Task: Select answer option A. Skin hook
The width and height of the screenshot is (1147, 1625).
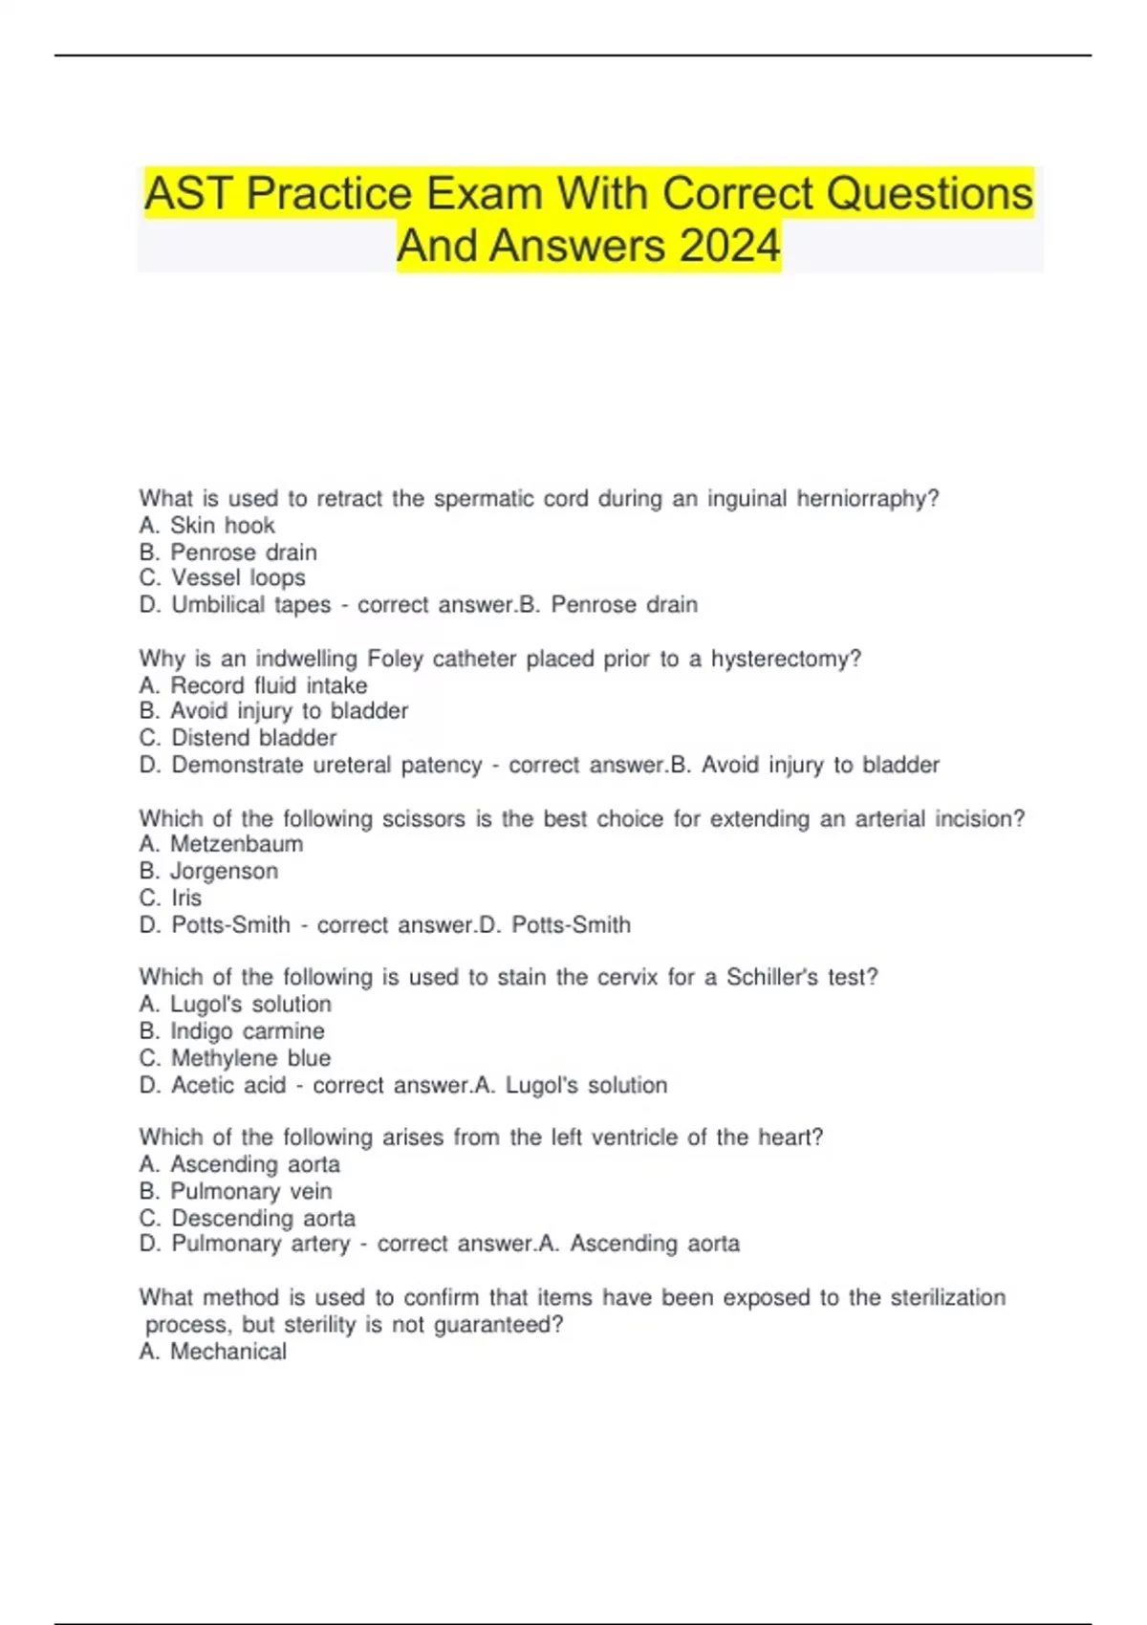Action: click(x=206, y=525)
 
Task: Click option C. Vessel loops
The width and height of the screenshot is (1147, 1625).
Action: click(x=222, y=577)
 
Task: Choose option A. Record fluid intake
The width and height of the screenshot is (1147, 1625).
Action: click(x=253, y=685)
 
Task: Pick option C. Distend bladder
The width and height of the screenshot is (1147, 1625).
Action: click(x=238, y=738)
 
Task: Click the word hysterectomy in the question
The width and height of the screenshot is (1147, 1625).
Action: click(x=786, y=659)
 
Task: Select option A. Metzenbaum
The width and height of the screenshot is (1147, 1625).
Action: click(x=221, y=844)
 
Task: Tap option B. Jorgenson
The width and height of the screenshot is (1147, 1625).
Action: click(x=208, y=871)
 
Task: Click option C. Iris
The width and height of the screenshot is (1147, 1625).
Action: click(x=170, y=898)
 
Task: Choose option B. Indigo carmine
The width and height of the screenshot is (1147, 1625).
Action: click(x=231, y=1031)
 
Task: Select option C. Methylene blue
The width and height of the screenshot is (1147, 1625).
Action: click(x=235, y=1058)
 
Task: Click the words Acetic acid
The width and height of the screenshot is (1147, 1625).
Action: click(x=228, y=1085)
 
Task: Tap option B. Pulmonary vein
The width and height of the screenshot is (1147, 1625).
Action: click(x=235, y=1191)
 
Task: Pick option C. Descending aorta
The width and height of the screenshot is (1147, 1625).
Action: click(x=247, y=1218)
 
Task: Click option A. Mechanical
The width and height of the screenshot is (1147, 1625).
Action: click(x=212, y=1352)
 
